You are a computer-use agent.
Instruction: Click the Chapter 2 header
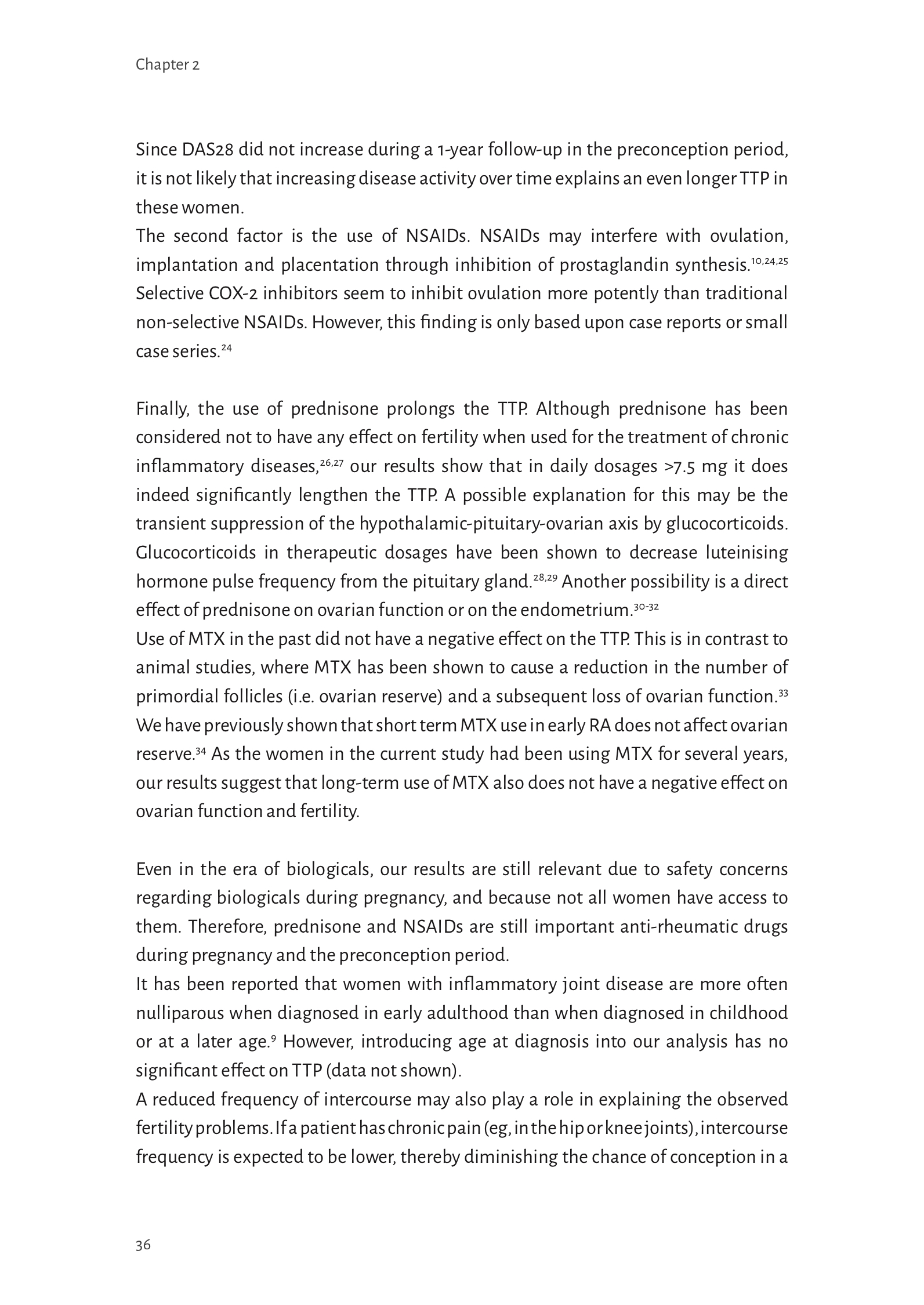click(x=167, y=65)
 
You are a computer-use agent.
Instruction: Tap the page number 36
click(x=143, y=1245)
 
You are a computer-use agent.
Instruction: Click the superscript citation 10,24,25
click(x=769, y=261)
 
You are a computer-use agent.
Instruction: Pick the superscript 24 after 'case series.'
click(x=226, y=348)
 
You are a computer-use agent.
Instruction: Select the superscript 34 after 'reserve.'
click(x=201, y=751)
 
